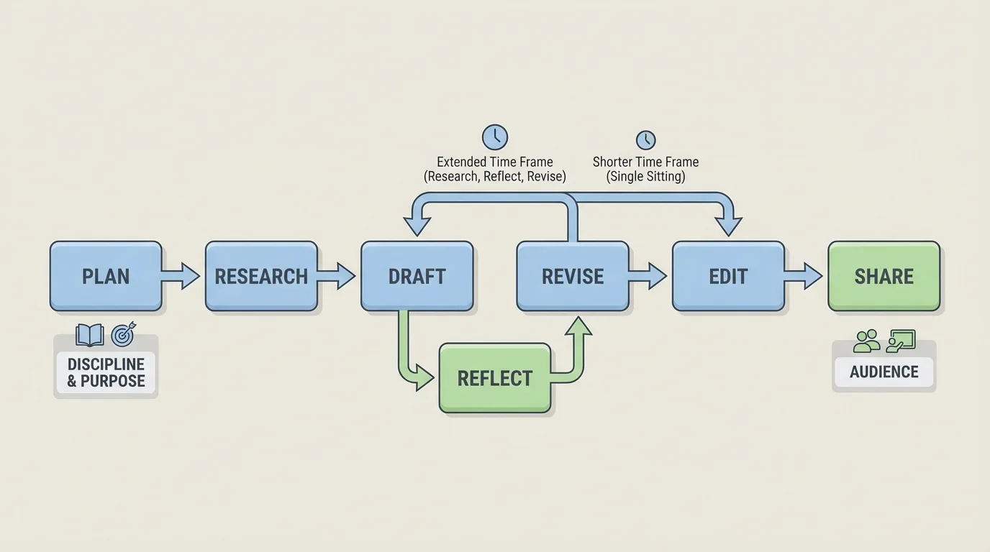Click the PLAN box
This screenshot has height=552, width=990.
[106, 276]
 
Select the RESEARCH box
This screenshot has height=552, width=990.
[261, 276]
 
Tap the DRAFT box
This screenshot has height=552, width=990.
[417, 276]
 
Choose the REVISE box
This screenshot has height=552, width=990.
[573, 276]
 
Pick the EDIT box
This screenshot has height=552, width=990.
[728, 276]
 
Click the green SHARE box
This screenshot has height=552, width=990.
[884, 276]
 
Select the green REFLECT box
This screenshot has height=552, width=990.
[495, 378]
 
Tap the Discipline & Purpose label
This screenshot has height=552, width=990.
[106, 372]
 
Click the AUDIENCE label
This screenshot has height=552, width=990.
[884, 372]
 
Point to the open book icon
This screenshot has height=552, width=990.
[90, 335]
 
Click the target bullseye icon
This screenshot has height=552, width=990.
[123, 335]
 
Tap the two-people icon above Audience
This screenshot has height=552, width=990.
[866, 341]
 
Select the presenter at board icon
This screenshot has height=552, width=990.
[901, 340]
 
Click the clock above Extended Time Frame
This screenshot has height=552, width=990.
[495, 137]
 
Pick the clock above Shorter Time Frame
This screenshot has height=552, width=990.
[645, 139]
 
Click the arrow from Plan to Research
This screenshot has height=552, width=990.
[181, 276]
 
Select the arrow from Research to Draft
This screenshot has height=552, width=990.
[336, 276]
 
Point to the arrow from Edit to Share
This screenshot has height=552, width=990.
[803, 276]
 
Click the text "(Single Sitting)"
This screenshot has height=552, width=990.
[645, 176]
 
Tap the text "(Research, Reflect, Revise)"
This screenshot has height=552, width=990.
[495, 176]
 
